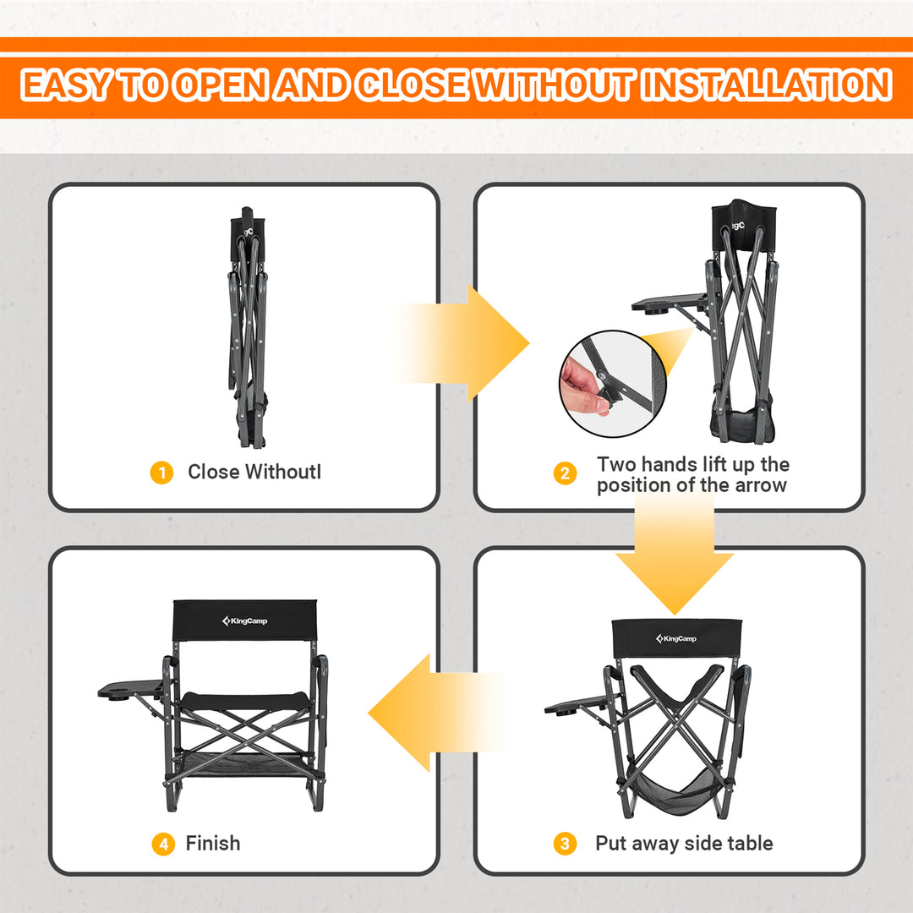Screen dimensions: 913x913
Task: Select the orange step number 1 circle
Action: click(x=161, y=473)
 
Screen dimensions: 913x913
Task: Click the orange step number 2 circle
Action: click(x=565, y=474)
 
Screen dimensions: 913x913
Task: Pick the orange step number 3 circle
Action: click(x=565, y=844)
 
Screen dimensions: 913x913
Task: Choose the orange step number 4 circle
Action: click(x=161, y=844)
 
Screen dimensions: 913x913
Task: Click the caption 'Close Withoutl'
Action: click(x=254, y=472)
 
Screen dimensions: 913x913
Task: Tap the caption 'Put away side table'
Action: click(x=684, y=843)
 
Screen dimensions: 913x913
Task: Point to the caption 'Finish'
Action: click(x=213, y=843)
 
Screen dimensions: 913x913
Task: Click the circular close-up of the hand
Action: click(x=612, y=384)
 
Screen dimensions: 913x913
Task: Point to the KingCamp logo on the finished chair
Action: click(x=244, y=621)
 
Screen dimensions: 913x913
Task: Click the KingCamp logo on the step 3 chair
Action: click(x=676, y=638)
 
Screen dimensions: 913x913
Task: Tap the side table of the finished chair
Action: click(x=131, y=690)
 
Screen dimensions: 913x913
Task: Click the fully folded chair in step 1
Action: click(x=248, y=330)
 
